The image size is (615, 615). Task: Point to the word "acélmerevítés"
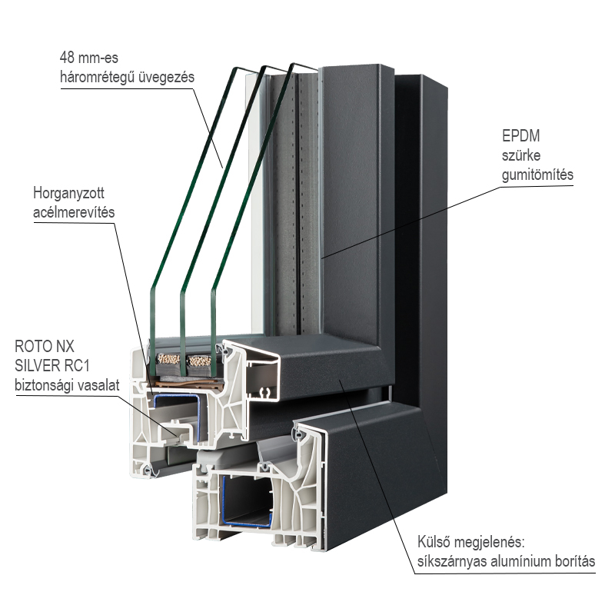coord(75,211)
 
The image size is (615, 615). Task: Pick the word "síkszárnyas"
coord(451,562)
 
